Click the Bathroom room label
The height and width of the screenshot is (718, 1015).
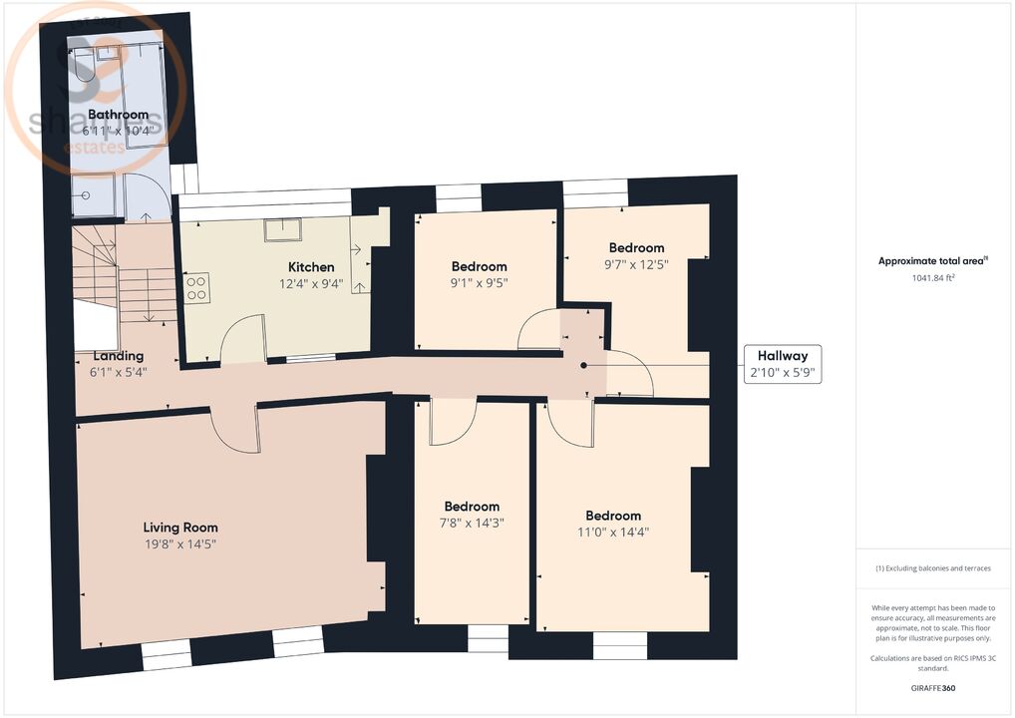[x=118, y=115]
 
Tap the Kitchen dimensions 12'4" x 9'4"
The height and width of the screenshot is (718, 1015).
[x=311, y=283]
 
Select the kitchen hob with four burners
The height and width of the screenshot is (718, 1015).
[x=196, y=288]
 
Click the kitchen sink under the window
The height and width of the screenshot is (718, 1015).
[x=283, y=229]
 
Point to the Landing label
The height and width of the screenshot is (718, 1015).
[x=118, y=356]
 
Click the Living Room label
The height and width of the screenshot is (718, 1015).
[x=179, y=528]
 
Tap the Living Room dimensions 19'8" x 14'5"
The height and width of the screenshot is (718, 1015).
[x=179, y=544]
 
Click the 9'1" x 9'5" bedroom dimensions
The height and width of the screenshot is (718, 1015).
[x=479, y=282]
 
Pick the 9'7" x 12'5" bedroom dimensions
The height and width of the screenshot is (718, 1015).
[x=636, y=264]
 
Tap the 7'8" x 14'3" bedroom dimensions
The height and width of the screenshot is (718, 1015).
[x=472, y=523]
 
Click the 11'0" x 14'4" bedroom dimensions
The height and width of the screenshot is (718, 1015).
[x=612, y=532]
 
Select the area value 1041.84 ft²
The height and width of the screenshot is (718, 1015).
[x=932, y=278]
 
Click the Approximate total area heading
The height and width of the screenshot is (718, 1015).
[x=932, y=261]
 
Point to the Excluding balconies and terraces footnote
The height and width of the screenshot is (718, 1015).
[x=932, y=568]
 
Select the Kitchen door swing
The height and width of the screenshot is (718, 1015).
[x=242, y=339]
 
